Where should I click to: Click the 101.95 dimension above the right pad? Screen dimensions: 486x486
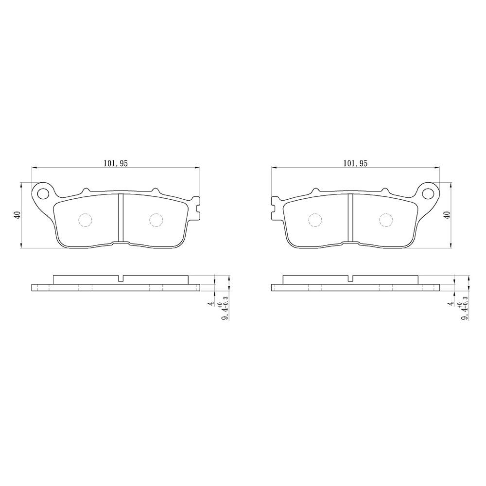pyautogui.click(x=355, y=164)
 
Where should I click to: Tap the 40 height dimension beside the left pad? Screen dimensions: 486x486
pyautogui.click(x=18, y=215)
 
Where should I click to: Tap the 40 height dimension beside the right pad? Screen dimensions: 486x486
pyautogui.click(x=447, y=215)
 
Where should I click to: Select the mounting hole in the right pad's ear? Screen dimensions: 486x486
pyautogui.click(x=429, y=193)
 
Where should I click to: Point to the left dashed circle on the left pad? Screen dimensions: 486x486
pyautogui.click(x=85, y=220)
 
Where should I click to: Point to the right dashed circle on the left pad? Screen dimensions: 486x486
pyautogui.click(x=156, y=220)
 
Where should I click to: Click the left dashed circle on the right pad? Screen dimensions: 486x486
pyautogui.click(x=315, y=220)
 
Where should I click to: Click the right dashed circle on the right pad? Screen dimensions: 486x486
pyautogui.click(x=385, y=220)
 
